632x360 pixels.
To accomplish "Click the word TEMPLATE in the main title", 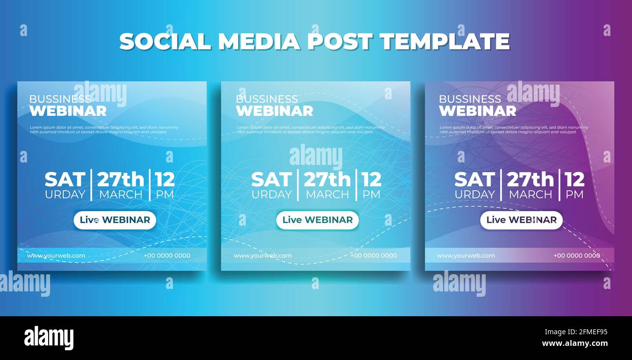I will pos(444,42).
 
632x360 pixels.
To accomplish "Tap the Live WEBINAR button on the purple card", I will pos(521,220).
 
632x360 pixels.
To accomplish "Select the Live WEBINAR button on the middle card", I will pos(317,220).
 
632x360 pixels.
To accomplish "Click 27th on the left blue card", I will pos(121,180).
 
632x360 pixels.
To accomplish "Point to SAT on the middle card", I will pos(271,180).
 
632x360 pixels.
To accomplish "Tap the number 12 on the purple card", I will pos(574,180).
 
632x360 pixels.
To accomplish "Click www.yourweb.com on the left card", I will pos(56,255).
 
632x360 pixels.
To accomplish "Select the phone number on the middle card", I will pos(373,255).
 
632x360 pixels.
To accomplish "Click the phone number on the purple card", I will pos(577,255).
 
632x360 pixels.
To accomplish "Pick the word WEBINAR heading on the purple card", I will pos(477,111).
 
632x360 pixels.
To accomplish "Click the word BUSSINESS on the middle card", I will pos(266,99).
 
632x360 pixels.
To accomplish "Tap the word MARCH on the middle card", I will pos(327,195).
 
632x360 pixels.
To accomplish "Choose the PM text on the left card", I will pos(164,195).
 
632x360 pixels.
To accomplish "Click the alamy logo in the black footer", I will pos(49,338).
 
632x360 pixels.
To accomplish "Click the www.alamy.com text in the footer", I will pos(575,343).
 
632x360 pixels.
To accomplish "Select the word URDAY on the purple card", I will pos(474,195).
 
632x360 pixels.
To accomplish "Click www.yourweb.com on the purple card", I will pos(466,255).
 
